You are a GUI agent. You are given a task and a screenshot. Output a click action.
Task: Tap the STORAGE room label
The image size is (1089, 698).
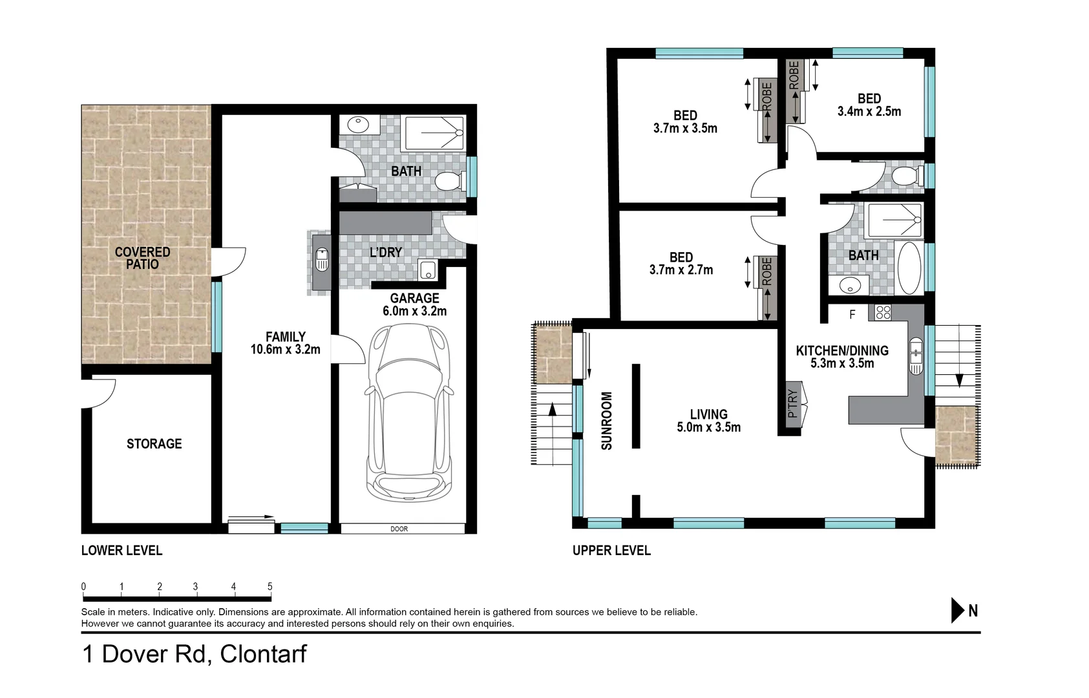click(154, 443)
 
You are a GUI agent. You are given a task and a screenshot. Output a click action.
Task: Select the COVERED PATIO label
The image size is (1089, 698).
click(142, 258)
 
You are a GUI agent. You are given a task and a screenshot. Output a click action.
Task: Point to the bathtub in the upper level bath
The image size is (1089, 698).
click(910, 268)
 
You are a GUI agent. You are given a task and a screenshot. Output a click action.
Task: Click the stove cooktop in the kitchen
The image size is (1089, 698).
click(882, 313)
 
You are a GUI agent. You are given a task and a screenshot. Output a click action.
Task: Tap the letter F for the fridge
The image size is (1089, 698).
click(852, 315)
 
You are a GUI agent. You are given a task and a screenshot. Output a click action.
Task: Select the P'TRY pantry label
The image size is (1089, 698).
click(793, 403)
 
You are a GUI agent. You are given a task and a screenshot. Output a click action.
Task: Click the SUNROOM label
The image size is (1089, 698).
click(606, 421)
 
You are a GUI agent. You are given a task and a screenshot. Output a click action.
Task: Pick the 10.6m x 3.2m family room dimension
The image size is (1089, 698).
click(285, 350)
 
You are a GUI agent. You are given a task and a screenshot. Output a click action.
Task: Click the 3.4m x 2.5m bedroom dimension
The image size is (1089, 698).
click(869, 111)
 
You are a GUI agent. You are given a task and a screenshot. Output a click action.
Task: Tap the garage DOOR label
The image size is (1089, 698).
click(399, 529)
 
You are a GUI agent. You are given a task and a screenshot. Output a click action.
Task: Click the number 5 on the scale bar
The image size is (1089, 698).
click(270, 587)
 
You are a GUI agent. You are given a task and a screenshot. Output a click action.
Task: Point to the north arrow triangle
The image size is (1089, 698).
click(957, 610)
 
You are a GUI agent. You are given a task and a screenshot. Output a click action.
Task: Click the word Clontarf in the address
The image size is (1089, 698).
click(263, 654)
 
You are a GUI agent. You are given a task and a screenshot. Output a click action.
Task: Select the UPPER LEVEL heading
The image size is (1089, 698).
click(611, 551)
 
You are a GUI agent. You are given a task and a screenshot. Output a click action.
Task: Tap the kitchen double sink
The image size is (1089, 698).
click(916, 356)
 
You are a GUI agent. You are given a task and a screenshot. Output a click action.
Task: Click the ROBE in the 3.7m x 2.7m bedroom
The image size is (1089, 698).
click(767, 271)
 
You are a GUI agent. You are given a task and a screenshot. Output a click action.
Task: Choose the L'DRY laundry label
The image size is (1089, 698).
click(386, 253)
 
